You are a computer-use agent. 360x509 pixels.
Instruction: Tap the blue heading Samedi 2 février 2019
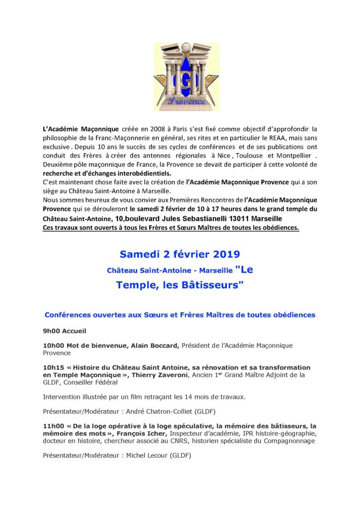pos(180,254)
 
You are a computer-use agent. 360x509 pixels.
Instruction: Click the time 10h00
pos(55,345)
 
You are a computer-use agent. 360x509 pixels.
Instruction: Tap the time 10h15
pos(55,367)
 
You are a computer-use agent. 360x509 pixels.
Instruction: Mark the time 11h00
pos(55,426)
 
